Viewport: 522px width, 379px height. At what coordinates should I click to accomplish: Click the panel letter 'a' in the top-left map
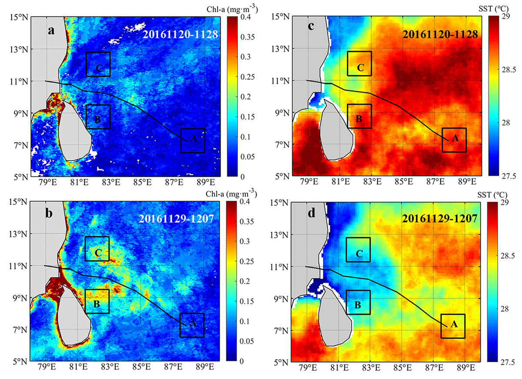point(51,31)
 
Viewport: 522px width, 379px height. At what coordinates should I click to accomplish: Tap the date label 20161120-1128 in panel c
point(440,34)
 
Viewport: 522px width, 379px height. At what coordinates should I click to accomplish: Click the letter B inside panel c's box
point(359,119)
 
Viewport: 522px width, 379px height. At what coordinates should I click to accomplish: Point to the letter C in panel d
point(359,254)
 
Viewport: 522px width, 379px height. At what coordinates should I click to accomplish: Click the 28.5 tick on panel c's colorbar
point(509,70)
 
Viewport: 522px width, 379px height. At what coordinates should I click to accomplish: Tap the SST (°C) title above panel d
point(492,195)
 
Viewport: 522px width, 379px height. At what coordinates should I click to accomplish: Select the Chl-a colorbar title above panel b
point(231,194)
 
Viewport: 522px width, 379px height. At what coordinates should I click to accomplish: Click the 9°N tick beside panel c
point(282,112)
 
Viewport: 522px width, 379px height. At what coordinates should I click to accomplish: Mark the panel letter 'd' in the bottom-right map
point(311,213)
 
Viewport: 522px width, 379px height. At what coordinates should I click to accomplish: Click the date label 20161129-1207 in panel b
point(176,219)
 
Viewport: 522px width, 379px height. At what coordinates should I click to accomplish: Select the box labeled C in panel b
point(97,237)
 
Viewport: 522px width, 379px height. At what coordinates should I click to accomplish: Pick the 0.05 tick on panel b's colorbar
point(247,341)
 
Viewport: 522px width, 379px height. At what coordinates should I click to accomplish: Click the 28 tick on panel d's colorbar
point(505,309)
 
